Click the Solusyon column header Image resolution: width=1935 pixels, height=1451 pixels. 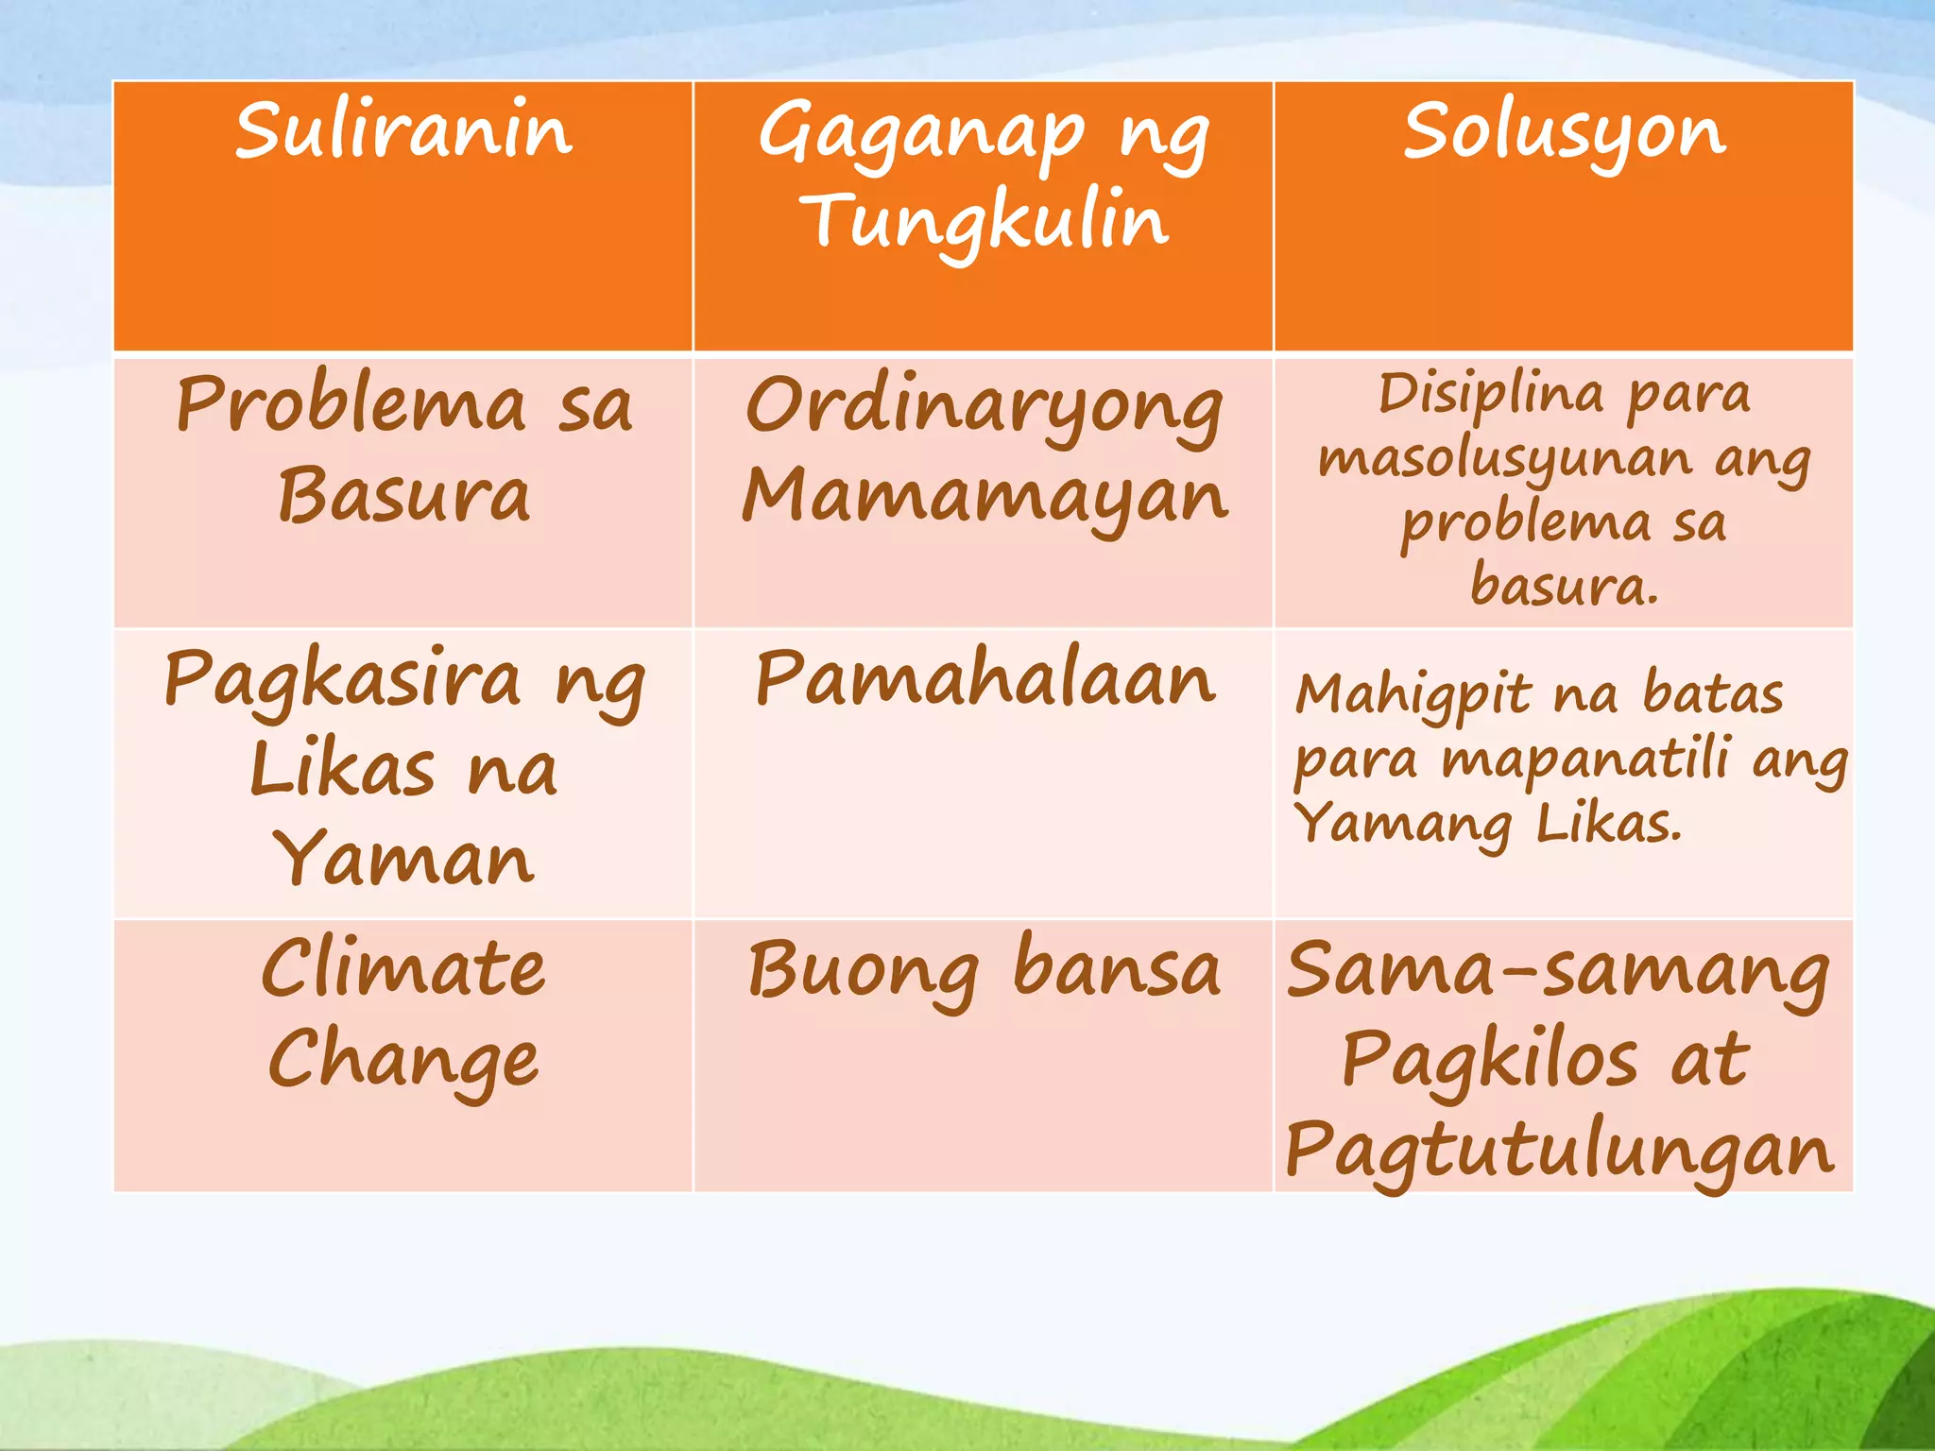point(1564,132)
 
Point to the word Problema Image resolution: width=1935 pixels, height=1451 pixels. point(351,404)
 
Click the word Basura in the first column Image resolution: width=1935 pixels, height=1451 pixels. point(403,495)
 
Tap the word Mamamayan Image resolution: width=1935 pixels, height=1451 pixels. point(984,497)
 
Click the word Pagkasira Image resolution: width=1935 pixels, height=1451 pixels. point(342,679)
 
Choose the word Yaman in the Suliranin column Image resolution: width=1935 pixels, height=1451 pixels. point(403,859)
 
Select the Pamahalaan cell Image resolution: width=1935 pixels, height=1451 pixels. point(984,679)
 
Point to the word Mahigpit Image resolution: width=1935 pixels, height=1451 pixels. point(1413,696)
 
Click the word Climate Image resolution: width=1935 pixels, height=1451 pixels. point(403,968)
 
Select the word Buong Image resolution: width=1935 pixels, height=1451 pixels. point(863,971)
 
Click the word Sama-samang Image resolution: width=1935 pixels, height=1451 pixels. point(1558,972)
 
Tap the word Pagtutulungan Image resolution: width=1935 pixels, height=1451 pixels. point(1559,1152)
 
